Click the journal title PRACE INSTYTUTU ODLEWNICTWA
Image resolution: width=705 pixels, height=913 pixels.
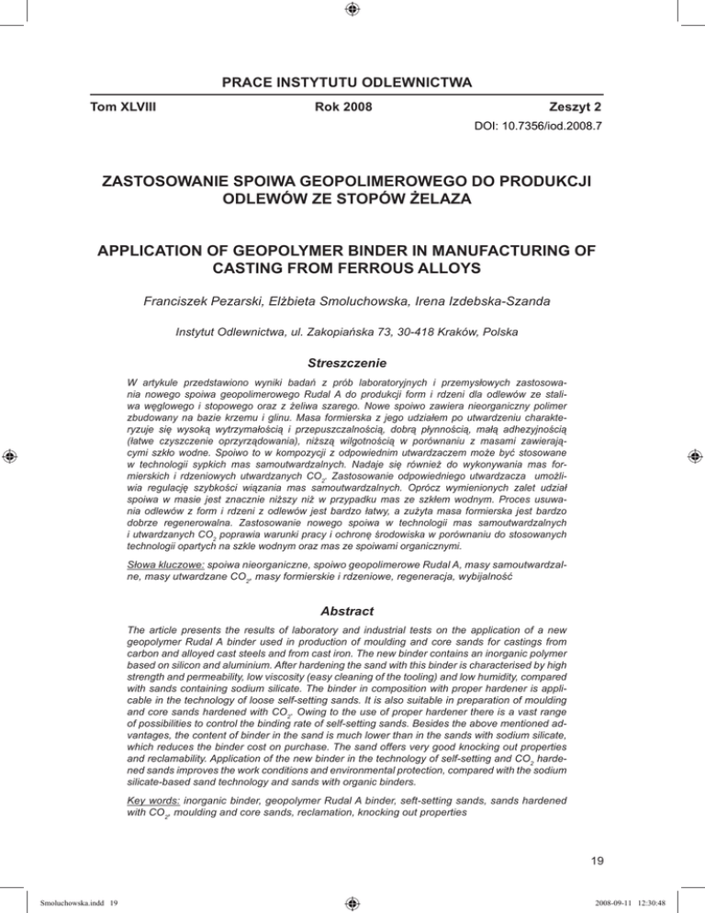coord(352,85)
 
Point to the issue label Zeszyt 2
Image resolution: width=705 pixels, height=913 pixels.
coord(573,107)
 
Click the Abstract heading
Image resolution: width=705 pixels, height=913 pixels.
coord(352,594)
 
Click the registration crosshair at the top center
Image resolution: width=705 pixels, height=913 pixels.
coord(352,11)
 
